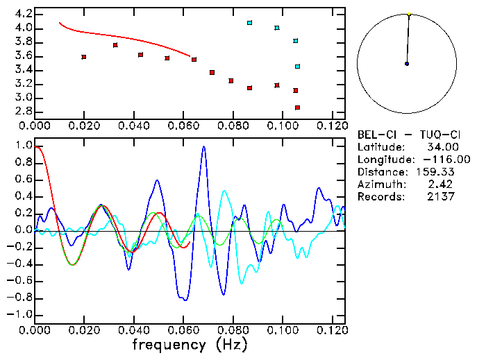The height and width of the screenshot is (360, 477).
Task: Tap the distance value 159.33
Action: (438, 172)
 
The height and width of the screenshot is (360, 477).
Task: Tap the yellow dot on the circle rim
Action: (410, 13)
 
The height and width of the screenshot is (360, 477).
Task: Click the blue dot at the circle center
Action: (407, 64)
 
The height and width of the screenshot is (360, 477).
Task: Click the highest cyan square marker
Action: (250, 23)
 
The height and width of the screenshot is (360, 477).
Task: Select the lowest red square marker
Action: (298, 108)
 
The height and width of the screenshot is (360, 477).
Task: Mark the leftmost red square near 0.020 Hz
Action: (84, 57)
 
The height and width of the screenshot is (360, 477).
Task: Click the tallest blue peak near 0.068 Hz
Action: (204, 146)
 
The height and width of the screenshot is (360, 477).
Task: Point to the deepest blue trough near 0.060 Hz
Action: (185, 300)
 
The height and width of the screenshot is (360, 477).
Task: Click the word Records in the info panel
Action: (380, 197)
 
